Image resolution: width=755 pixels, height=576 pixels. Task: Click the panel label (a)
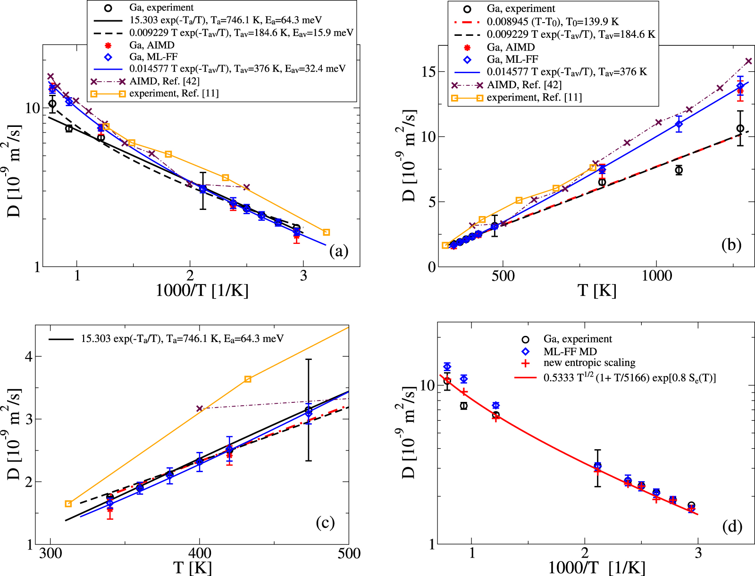coord(339,251)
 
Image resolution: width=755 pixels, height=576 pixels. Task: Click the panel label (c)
coord(325,522)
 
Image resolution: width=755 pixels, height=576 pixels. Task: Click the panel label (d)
coord(732,526)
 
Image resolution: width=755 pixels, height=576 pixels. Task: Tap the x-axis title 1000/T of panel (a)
coord(201,290)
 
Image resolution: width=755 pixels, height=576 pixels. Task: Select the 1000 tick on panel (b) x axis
coord(656,275)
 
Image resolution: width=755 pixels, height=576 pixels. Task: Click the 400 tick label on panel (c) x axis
coord(199,553)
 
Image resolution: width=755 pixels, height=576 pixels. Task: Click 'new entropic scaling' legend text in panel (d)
coord(589,363)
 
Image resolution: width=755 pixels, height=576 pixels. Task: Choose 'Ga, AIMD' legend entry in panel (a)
coord(151,45)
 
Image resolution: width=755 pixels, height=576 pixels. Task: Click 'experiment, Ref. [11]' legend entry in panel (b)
coord(534,97)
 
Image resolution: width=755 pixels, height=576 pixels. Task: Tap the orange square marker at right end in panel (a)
coord(326,232)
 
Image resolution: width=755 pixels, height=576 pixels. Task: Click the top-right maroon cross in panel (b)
coord(748,61)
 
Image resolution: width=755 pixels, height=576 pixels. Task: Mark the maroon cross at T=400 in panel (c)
coord(200,409)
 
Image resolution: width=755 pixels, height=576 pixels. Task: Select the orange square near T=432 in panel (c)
coord(248,379)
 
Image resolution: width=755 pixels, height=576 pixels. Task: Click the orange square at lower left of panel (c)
coord(68,504)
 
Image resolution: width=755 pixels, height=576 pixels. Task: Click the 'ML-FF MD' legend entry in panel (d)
coord(570,351)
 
